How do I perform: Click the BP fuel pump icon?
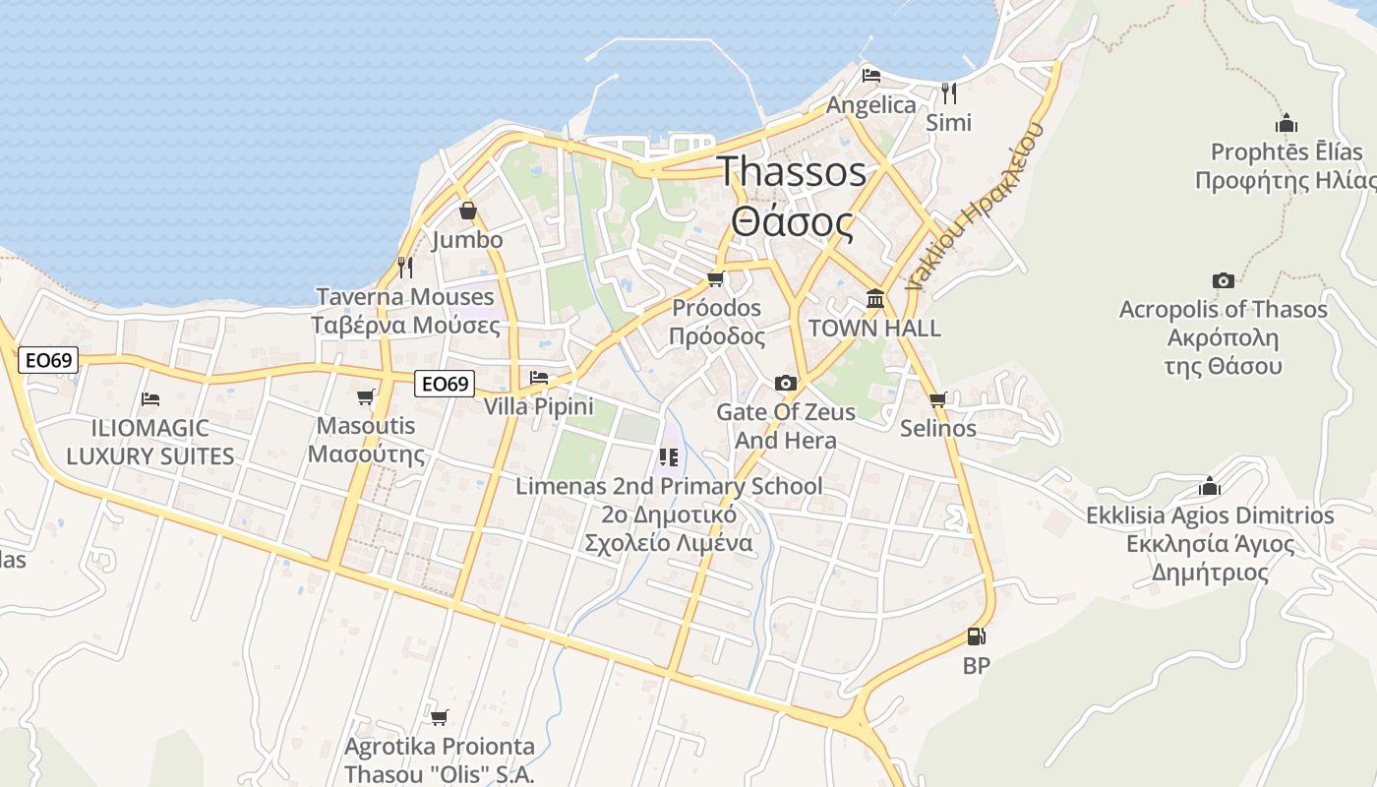pyautogui.click(x=976, y=637)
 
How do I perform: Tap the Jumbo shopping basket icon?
pyautogui.click(x=468, y=211)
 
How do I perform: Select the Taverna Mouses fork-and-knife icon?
pyautogui.click(x=404, y=267)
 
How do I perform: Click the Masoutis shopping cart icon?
pyautogui.click(x=366, y=396)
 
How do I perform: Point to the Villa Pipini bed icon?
pyautogui.click(x=538, y=377)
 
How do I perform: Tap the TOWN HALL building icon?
pyautogui.click(x=874, y=298)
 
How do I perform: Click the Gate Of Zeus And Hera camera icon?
pyautogui.click(x=785, y=383)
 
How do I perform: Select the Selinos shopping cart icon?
pyautogui.click(x=937, y=399)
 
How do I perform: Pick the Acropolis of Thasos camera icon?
pyautogui.click(x=1223, y=280)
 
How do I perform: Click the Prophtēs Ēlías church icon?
pyautogui.click(x=1286, y=123)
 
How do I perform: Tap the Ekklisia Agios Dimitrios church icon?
pyautogui.click(x=1209, y=486)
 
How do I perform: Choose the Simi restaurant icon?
pyautogui.click(x=948, y=92)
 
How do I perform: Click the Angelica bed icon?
pyautogui.click(x=870, y=75)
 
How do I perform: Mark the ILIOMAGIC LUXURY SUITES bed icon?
pyautogui.click(x=150, y=398)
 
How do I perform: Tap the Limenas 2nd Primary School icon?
pyautogui.click(x=669, y=456)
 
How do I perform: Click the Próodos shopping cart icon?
pyautogui.click(x=715, y=278)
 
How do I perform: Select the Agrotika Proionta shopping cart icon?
pyautogui.click(x=439, y=717)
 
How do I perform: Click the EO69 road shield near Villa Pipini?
pyautogui.click(x=445, y=383)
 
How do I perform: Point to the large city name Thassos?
pyautogui.click(x=792, y=172)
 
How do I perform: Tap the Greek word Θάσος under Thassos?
pyautogui.click(x=792, y=223)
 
